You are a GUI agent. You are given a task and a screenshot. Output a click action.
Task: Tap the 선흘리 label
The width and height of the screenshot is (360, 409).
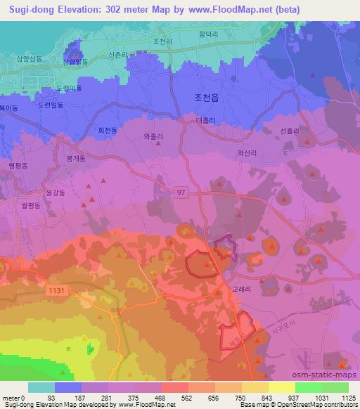[290, 131]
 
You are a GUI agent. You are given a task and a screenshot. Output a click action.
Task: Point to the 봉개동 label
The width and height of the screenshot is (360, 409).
[75, 159]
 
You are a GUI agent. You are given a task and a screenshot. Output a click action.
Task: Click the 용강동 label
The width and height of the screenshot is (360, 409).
[55, 192]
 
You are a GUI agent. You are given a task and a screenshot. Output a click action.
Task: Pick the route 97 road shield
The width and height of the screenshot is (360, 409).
[181, 192]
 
